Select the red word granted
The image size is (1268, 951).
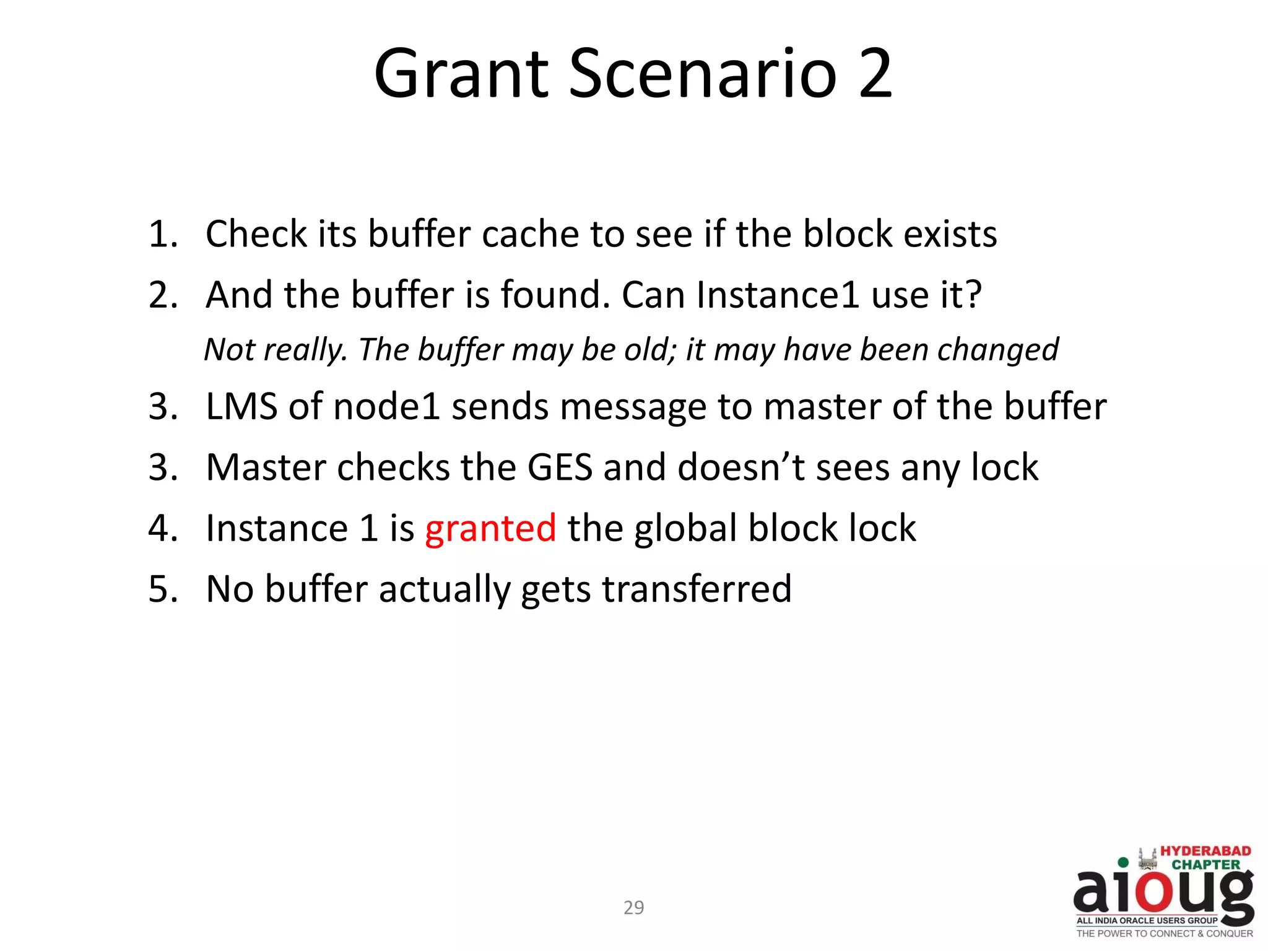tap(490, 529)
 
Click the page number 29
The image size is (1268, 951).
tap(633, 908)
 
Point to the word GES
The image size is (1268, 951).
tap(560, 467)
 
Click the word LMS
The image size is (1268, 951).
tap(241, 407)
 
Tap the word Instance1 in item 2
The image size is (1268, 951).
tap(778, 295)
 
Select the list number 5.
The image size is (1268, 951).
tap(162, 589)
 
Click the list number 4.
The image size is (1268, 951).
tap(162, 529)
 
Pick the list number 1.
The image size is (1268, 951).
tap(162, 235)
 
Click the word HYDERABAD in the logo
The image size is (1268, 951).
tap(1205, 851)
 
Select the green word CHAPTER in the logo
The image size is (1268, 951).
tap(1205, 865)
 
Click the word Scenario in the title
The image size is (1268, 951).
tap(703, 74)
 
